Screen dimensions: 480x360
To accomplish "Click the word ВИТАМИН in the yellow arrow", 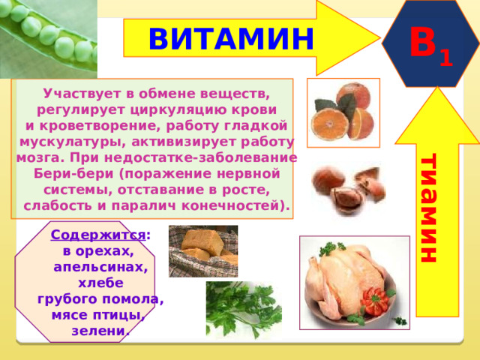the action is click(231, 39).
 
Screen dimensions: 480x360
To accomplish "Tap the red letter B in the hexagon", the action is click(423, 42).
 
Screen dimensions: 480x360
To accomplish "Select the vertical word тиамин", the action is click(428, 208).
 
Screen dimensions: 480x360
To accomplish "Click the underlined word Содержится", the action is click(98, 235).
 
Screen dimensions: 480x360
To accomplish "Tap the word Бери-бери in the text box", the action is click(73, 174).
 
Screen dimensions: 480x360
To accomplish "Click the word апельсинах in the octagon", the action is click(100, 267).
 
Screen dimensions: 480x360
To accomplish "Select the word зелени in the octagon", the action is click(98, 331).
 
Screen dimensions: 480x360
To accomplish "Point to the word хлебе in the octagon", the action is click(100, 283).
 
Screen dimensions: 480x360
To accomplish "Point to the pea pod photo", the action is click(48, 38).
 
